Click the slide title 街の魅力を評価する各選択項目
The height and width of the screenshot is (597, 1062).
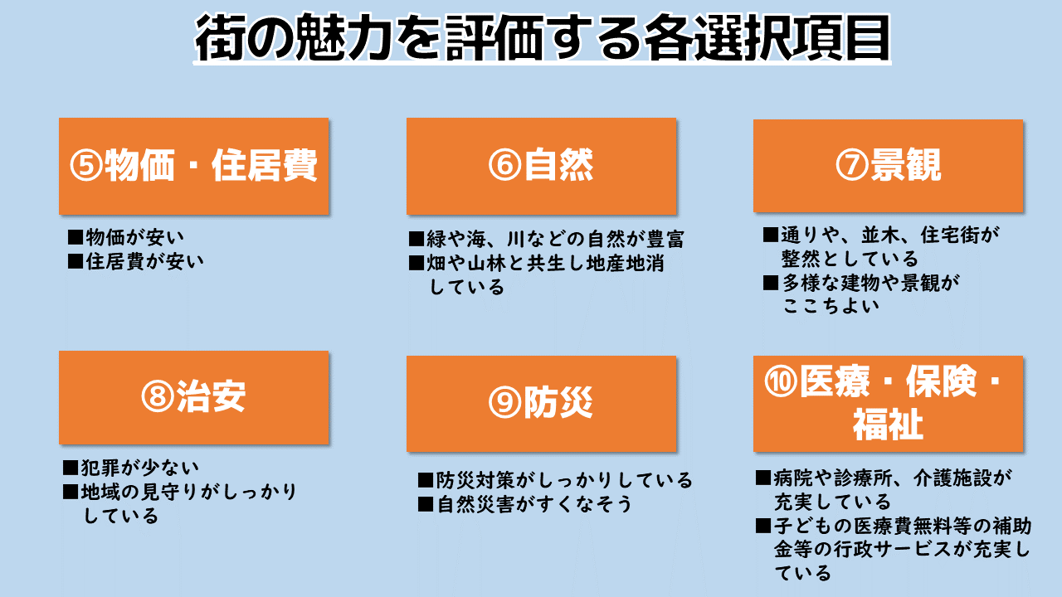(542, 38)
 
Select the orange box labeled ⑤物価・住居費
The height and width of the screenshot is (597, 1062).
(194, 166)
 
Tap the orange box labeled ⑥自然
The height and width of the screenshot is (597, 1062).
(542, 166)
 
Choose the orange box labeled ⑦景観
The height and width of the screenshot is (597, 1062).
(888, 166)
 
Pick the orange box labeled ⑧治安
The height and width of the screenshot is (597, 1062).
(194, 397)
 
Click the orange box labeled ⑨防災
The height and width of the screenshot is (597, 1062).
(542, 404)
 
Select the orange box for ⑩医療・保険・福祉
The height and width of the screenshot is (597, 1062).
(888, 404)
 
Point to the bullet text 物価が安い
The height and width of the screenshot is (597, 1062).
(134, 237)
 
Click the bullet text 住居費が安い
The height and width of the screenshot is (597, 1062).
(144, 261)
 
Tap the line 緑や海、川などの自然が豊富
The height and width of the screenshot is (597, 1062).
(555, 240)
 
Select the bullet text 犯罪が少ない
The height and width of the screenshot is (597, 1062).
(139, 468)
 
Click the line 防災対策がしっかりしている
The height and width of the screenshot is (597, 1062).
(564, 480)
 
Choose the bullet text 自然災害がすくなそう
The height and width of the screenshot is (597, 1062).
(534, 504)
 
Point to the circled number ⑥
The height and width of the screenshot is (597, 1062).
(505, 165)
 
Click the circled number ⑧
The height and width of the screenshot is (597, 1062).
(158, 397)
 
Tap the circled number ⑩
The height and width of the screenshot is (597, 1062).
(781, 382)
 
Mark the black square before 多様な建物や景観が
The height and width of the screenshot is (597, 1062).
(771, 283)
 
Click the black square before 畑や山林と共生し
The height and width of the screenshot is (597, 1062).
(417, 263)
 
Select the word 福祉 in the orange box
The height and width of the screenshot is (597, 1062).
(888, 425)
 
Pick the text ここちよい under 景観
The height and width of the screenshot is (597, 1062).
(831, 306)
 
